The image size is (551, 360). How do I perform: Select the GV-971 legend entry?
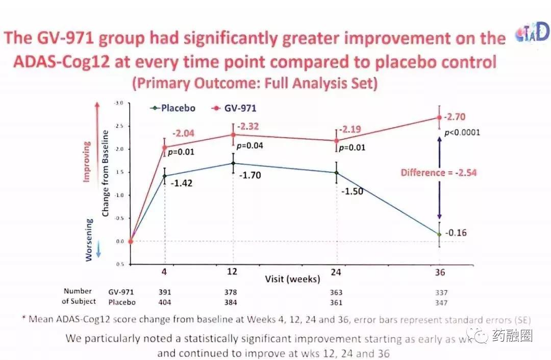point(238,108)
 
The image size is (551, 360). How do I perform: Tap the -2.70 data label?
point(454,117)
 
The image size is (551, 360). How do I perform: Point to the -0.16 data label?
point(456,233)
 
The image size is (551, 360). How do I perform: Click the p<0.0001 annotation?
point(462,133)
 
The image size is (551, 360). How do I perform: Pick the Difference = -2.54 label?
point(438,172)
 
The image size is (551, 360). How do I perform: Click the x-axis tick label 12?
point(232,272)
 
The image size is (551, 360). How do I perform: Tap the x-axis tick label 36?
point(440,272)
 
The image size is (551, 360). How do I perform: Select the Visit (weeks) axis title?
point(292,279)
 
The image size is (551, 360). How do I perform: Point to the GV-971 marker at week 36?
point(439,117)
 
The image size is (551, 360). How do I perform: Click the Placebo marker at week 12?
point(233,163)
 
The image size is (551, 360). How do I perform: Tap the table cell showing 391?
point(165,292)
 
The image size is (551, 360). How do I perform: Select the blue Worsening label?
point(89,240)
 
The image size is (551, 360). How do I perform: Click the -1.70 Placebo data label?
point(250,175)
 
